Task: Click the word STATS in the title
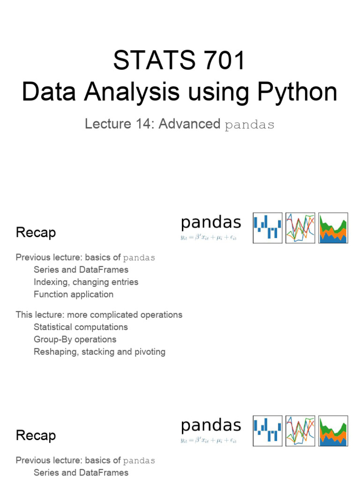pos(146,61)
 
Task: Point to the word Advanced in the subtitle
pos(189,124)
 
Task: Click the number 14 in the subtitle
pos(146,124)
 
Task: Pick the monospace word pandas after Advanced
pos(249,125)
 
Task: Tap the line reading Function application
pos(74,294)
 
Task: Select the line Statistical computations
pos(81,327)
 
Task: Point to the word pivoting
pos(149,352)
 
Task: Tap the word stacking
pos(98,352)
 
